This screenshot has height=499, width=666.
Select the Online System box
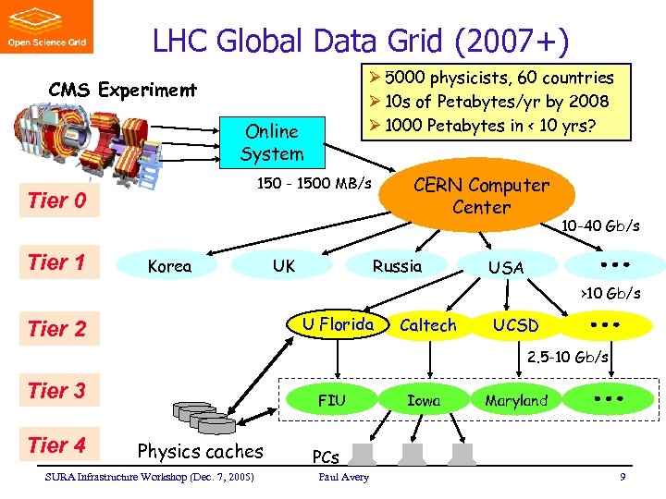[271, 142]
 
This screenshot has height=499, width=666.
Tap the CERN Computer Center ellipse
[481, 195]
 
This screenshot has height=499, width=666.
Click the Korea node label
[169, 266]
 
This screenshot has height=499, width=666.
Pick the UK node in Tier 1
[284, 266]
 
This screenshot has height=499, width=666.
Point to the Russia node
[397, 266]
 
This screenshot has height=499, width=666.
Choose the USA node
[506, 267]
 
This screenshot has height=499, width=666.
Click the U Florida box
[338, 324]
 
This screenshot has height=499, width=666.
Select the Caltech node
[427, 325]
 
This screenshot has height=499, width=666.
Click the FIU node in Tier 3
[331, 400]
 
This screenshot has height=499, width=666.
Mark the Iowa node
[424, 400]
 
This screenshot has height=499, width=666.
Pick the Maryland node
[516, 400]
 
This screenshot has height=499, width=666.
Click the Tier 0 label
[56, 201]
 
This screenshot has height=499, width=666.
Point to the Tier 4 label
[56, 445]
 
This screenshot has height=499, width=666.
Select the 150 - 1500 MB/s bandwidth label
[314, 183]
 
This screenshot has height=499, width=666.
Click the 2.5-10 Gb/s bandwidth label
[567, 357]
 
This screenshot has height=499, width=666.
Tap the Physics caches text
[200, 451]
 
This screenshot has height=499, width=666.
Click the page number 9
[623, 477]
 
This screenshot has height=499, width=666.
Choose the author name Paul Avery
[343, 477]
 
